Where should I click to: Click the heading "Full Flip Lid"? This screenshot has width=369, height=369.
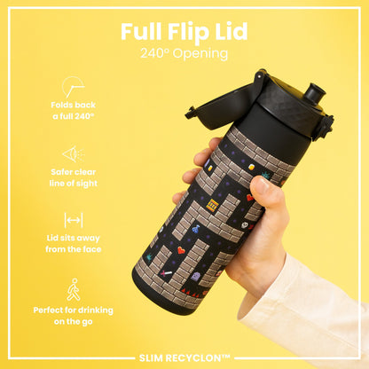[x=184, y=31]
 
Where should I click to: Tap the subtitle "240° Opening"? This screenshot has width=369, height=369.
[x=184, y=53]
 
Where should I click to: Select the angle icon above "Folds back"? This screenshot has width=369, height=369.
[x=73, y=87]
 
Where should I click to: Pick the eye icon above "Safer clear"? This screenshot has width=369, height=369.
[x=73, y=153]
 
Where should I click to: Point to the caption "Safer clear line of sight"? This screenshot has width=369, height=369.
[x=74, y=177]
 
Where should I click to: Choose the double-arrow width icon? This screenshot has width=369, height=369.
[x=73, y=219]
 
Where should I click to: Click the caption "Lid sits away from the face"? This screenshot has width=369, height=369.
[x=74, y=244]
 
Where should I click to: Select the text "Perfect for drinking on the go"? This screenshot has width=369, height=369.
[x=74, y=316]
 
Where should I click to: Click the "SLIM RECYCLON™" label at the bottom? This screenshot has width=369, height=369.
[x=184, y=357]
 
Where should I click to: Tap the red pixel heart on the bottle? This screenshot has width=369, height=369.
[x=181, y=251]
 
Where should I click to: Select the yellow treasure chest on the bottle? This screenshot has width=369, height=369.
[x=211, y=205]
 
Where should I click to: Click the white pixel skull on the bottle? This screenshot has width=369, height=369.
[x=244, y=226]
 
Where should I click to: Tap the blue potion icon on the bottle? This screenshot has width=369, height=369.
[x=195, y=254]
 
